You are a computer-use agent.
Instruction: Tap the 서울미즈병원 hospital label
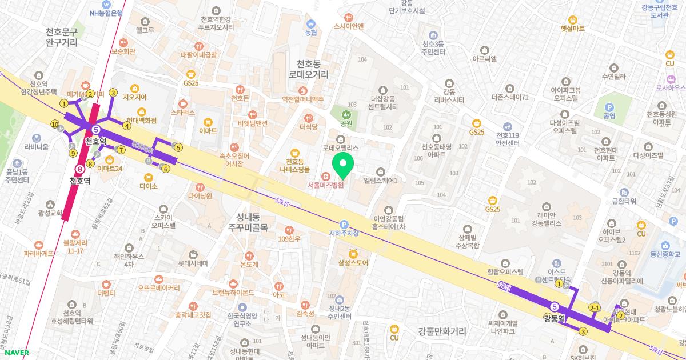pos(325,185)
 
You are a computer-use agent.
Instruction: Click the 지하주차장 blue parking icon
pos(344,225)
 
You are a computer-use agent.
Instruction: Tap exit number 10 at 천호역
pos(55,124)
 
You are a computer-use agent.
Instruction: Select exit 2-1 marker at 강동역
pos(595,309)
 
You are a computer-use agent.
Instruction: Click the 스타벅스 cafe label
pos(183,113)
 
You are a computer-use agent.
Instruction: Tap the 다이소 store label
pos(148,186)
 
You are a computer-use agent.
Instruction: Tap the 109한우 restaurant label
pos(289,238)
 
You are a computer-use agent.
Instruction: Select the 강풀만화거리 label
pos(442,331)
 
